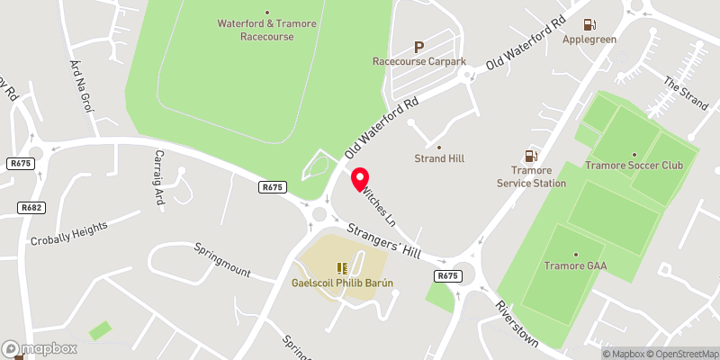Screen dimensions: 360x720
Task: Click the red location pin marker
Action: pyautogui.click(x=359, y=179)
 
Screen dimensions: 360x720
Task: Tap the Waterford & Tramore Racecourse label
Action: pyautogui.click(x=266, y=30)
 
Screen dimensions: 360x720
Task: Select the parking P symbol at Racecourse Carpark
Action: pyautogui.click(x=418, y=47)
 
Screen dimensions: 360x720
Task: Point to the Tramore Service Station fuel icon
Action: pyautogui.click(x=531, y=157)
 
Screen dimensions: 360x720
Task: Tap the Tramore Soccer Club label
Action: pyautogui.click(x=634, y=166)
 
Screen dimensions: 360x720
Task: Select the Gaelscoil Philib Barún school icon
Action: pyautogui.click(x=342, y=267)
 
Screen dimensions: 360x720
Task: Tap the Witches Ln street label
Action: pyautogui.click(x=379, y=205)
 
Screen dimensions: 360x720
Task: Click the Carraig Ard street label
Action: pyautogui.click(x=158, y=178)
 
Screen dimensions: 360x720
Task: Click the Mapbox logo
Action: pyautogui.click(x=40, y=348)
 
